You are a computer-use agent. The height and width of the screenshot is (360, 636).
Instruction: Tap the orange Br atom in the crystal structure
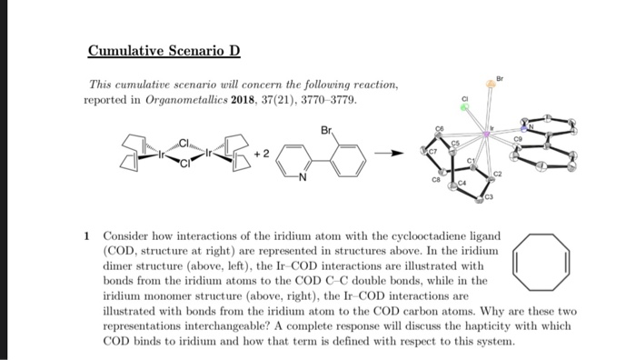click(x=490, y=85)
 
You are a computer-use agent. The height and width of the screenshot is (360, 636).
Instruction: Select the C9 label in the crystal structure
click(x=518, y=138)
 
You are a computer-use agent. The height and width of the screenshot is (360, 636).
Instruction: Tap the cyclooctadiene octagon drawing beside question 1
click(x=542, y=258)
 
